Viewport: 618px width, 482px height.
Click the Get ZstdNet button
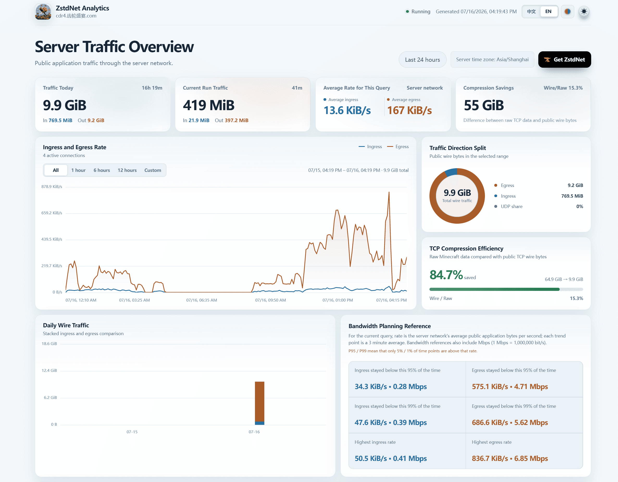[x=564, y=59]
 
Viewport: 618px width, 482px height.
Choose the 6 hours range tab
[x=102, y=170]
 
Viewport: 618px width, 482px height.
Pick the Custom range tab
[x=153, y=170]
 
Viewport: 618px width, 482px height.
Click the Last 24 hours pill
[x=422, y=60]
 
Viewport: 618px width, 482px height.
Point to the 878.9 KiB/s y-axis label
[x=52, y=187]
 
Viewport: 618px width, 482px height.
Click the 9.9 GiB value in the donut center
[x=457, y=193]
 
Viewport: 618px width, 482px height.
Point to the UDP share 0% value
[x=579, y=206]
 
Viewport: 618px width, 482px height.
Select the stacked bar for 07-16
[x=259, y=403]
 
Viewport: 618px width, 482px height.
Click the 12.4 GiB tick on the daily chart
[x=49, y=371]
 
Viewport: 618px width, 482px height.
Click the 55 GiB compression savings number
[x=484, y=105]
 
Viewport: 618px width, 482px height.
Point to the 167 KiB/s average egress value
[x=409, y=110]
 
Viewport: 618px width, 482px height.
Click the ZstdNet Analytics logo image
[x=43, y=12]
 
